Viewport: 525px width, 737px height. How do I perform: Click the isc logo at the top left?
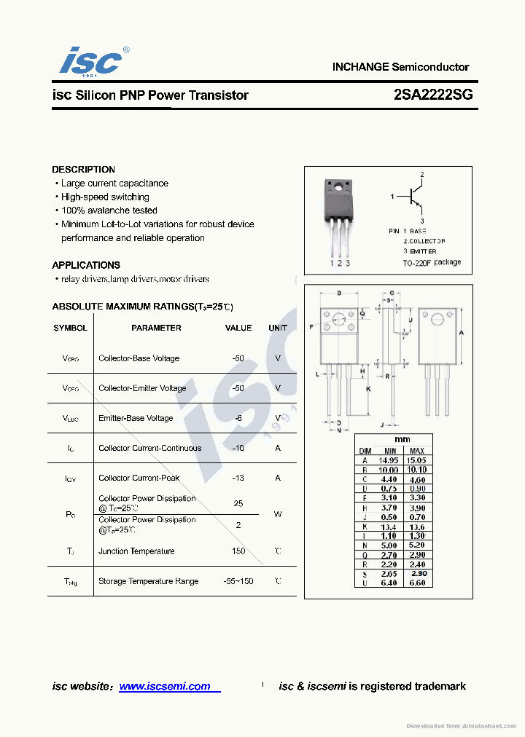[90, 61]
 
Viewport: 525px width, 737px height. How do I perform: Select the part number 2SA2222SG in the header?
[433, 95]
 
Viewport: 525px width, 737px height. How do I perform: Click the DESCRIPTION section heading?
[83, 170]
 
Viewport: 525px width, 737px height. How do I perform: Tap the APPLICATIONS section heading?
[86, 265]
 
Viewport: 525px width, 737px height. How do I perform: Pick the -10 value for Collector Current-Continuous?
[238, 448]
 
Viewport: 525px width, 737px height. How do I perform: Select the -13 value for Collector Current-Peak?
[238, 478]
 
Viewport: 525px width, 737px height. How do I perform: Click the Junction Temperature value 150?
[238, 551]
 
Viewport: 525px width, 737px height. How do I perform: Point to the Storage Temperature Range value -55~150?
[238, 581]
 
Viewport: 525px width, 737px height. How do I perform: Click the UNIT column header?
[278, 328]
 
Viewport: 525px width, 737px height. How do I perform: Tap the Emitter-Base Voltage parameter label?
[136, 418]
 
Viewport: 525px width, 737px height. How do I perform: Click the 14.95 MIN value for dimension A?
[389, 460]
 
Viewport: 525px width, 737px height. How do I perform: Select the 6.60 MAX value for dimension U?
[416, 583]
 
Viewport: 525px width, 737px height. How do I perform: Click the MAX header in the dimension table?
[416, 451]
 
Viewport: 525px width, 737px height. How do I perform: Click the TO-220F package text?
[432, 262]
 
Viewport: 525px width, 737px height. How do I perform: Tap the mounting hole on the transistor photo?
[338, 189]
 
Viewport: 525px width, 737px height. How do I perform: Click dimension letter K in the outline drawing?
[369, 389]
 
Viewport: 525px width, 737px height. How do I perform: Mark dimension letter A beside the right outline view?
[461, 332]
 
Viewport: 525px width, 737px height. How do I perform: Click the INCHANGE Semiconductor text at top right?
[400, 67]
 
